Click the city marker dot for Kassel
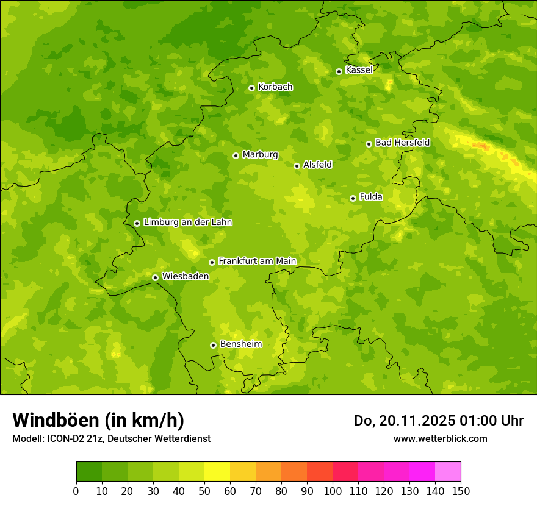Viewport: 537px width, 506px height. click(x=339, y=71)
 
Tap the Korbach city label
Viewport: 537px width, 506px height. click(x=275, y=87)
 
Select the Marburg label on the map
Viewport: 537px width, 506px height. click(x=260, y=155)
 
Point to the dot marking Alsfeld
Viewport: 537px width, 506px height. click(x=297, y=166)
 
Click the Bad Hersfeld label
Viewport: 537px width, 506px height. click(x=402, y=143)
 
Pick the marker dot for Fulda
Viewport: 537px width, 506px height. click(x=353, y=198)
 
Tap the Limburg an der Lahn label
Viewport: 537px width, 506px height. click(x=187, y=223)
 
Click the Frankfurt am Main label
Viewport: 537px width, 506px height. click(x=257, y=262)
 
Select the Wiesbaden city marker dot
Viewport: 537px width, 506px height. click(x=155, y=277)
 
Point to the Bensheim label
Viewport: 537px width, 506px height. click(x=240, y=344)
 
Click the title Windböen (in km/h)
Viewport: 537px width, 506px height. click(x=98, y=420)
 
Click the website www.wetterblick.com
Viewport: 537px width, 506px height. click(x=440, y=438)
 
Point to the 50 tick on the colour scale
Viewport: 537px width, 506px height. click(x=204, y=491)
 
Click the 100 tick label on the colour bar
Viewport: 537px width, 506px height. click(x=333, y=491)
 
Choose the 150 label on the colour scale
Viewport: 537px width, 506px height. click(x=461, y=491)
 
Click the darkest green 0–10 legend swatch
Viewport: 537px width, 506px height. click(x=89, y=472)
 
